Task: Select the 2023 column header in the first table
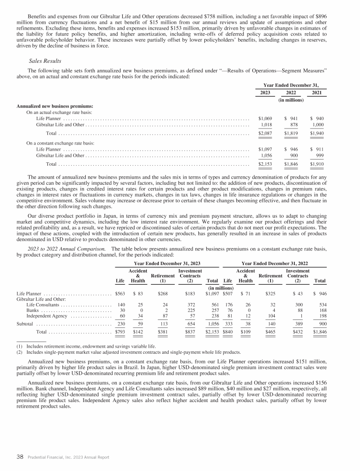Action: pos(265,93)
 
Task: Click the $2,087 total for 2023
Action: pos(265,134)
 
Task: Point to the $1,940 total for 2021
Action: pos(317,134)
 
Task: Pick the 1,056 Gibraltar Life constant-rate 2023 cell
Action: pos(266,155)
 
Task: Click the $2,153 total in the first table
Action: pos(265,164)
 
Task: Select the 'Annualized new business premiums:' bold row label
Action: pos(55,106)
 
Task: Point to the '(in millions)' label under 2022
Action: pos(291,99)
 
